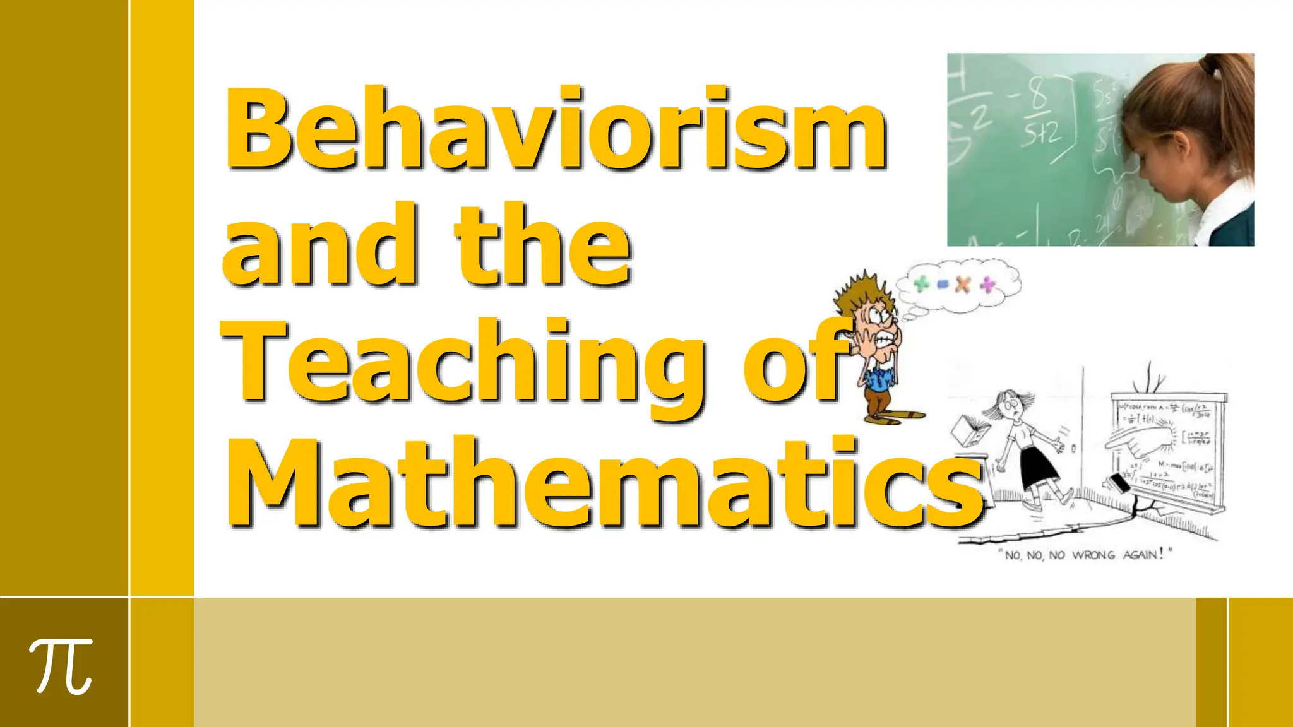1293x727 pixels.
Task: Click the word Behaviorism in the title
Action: (556, 129)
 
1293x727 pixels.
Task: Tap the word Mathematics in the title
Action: (603, 483)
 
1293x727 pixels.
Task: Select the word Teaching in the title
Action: (464, 366)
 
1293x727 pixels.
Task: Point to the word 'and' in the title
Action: (319, 246)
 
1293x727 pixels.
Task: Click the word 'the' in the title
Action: (543, 246)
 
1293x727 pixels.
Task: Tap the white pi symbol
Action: (62, 666)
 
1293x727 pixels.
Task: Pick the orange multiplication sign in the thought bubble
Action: (963, 284)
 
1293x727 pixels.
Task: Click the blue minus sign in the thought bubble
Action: (943, 285)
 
